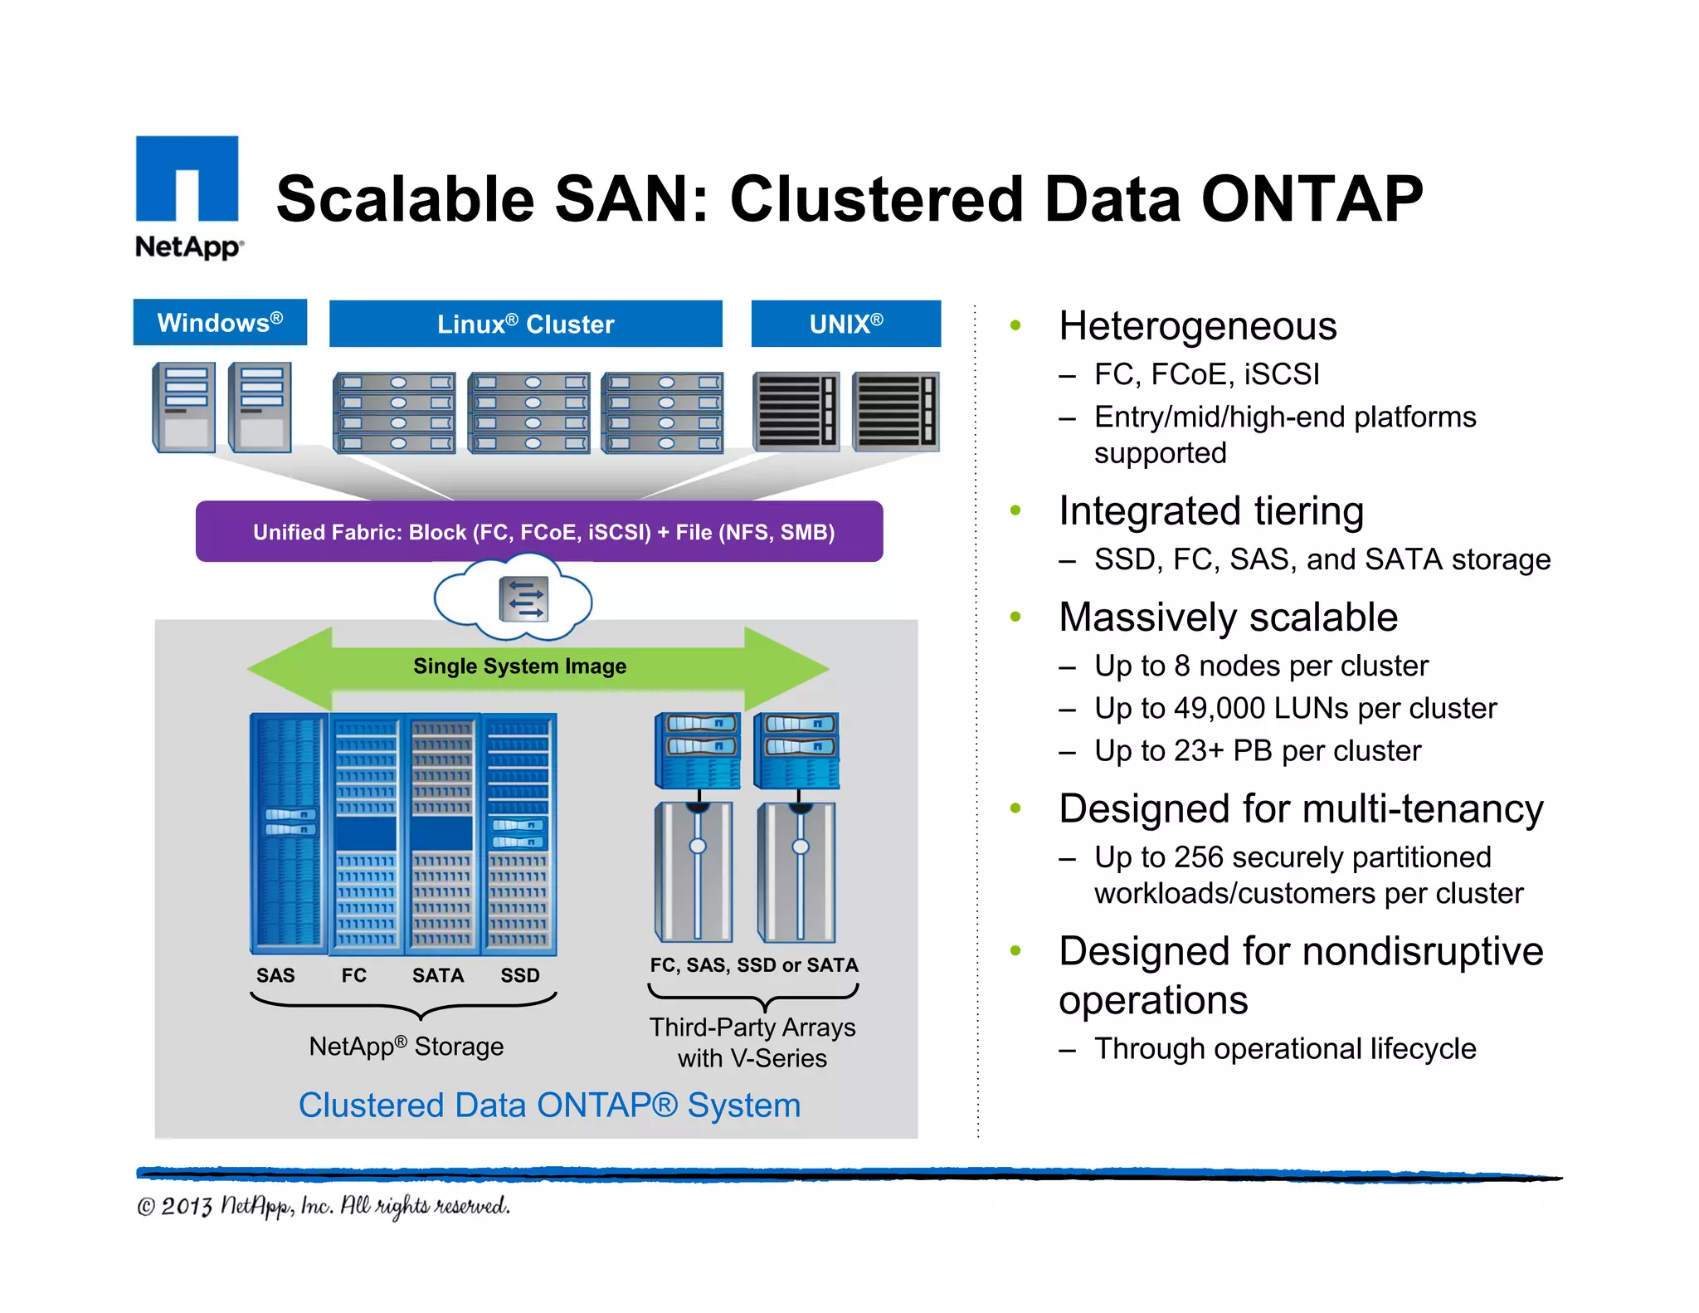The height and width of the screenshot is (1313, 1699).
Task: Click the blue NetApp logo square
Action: click(x=187, y=178)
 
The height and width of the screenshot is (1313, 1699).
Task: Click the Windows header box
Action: click(x=220, y=323)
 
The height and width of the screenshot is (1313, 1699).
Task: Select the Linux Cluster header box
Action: click(x=525, y=324)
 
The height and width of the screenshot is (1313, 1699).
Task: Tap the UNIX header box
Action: click(x=845, y=324)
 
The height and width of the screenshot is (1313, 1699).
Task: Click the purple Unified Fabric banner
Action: click(x=539, y=532)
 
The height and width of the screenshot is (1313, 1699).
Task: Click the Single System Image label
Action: click(x=519, y=666)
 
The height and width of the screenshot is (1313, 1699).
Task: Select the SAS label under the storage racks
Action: click(x=275, y=975)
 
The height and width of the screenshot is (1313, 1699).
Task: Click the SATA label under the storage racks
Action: click(x=438, y=975)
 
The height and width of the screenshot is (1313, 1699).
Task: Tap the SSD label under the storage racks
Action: click(x=520, y=975)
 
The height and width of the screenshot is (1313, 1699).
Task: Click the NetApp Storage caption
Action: click(x=406, y=1046)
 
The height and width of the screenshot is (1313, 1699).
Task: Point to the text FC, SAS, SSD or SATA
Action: click(x=753, y=965)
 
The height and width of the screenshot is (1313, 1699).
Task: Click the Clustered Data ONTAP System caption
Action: click(x=549, y=1106)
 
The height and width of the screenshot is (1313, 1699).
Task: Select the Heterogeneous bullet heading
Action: click(x=1197, y=326)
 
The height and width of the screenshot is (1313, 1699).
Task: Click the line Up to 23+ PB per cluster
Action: click(x=1257, y=750)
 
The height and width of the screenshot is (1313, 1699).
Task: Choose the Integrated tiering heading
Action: click(x=1211, y=511)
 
